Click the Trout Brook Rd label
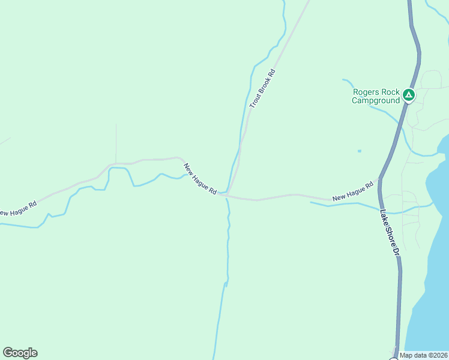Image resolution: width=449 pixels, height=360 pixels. coord(262,89)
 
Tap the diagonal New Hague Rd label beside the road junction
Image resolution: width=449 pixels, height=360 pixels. coord(200,179)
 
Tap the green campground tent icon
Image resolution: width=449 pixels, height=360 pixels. coord(408,95)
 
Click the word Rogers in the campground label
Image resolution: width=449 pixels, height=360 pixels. coord(367,92)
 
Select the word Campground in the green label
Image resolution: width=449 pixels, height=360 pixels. coord(376,101)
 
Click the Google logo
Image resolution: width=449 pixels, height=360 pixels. coord(20,353)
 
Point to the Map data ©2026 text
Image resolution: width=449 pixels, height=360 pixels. coord(424,355)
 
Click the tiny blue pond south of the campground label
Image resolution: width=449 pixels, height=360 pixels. coord(360,151)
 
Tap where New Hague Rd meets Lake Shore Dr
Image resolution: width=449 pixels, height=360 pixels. coord(379,183)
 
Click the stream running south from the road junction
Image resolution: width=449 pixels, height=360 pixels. coord(228,252)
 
